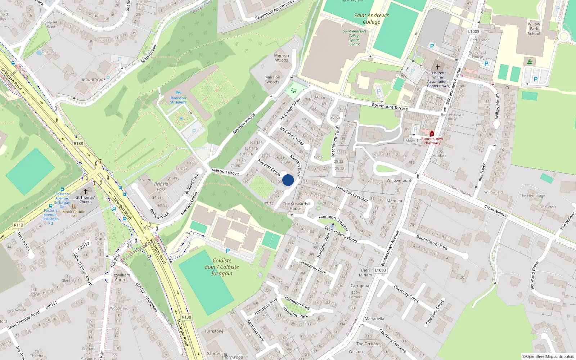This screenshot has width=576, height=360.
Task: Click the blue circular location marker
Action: [x=288, y=180]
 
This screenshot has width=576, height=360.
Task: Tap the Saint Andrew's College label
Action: [x=372, y=18]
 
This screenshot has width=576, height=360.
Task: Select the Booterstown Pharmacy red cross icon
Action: [x=432, y=134]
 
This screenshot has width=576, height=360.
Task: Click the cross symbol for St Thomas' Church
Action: [x=86, y=192]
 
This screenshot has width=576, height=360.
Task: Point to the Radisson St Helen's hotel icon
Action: [x=178, y=93]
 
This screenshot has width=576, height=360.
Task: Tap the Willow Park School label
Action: [x=534, y=29]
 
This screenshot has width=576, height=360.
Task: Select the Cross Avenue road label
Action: [x=496, y=211]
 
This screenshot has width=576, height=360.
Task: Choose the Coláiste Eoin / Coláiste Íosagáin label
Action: [x=222, y=267]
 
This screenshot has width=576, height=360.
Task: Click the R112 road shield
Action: [x=18, y=225]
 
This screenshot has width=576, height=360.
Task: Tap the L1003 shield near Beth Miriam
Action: [x=380, y=270]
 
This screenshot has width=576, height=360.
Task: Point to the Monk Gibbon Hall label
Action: [x=74, y=214]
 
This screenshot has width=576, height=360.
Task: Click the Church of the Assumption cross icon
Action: [x=438, y=67]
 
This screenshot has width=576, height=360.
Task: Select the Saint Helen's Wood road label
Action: [x=341, y=234]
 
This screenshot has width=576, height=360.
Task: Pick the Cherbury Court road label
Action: [x=406, y=293]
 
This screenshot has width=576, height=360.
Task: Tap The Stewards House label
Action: [x=295, y=206]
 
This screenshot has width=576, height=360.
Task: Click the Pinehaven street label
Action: [x=482, y=172]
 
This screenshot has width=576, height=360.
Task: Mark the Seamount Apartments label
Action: [x=274, y=10]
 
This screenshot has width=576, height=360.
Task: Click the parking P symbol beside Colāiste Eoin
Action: [x=228, y=251]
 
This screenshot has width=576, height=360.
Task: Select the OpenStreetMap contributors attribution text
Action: [x=548, y=356]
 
